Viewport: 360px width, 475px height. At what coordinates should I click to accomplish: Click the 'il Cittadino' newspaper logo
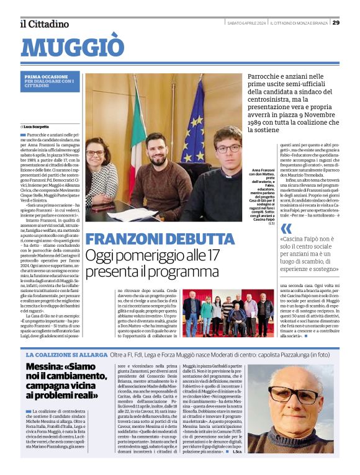coord(44,24)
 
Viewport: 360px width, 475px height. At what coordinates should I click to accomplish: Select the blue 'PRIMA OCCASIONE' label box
coord(50,80)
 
